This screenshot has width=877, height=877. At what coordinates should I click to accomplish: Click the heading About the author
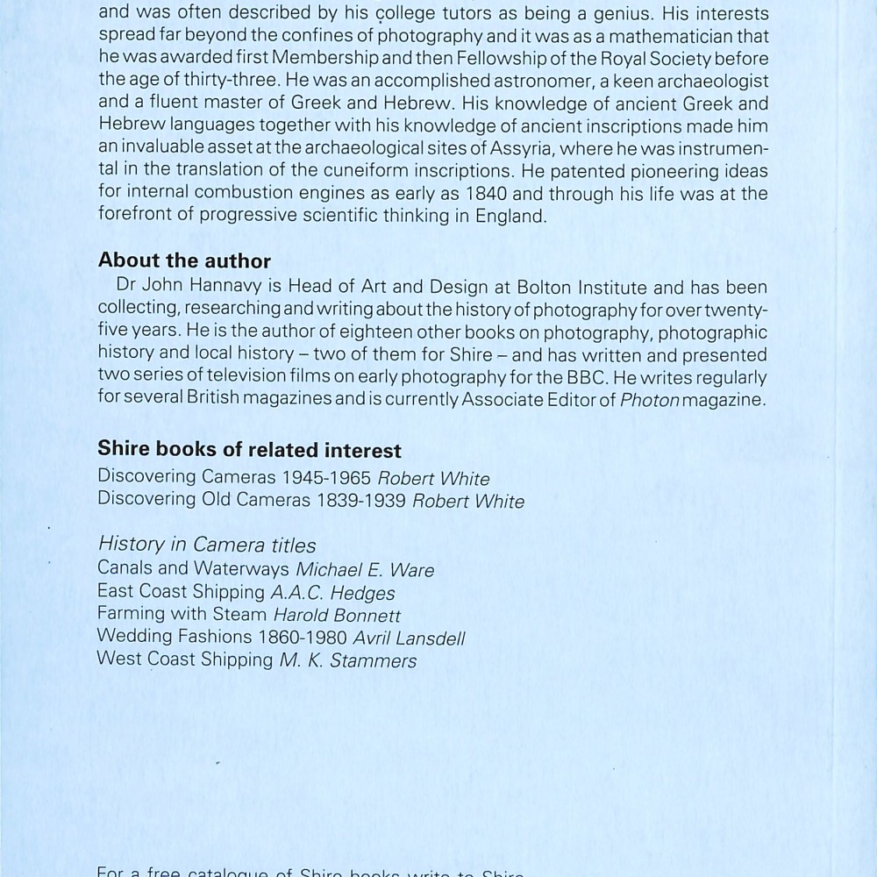tap(184, 260)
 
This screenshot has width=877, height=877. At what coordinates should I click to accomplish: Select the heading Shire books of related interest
tap(249, 450)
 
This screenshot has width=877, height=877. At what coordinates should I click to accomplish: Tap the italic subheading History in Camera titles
tap(207, 545)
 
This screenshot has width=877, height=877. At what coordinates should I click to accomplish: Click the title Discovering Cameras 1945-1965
tap(234, 478)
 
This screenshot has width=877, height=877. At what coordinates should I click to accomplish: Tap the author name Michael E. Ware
tap(365, 570)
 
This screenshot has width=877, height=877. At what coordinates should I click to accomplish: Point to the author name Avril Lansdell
tap(409, 638)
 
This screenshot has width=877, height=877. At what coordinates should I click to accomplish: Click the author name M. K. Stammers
tap(348, 661)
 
